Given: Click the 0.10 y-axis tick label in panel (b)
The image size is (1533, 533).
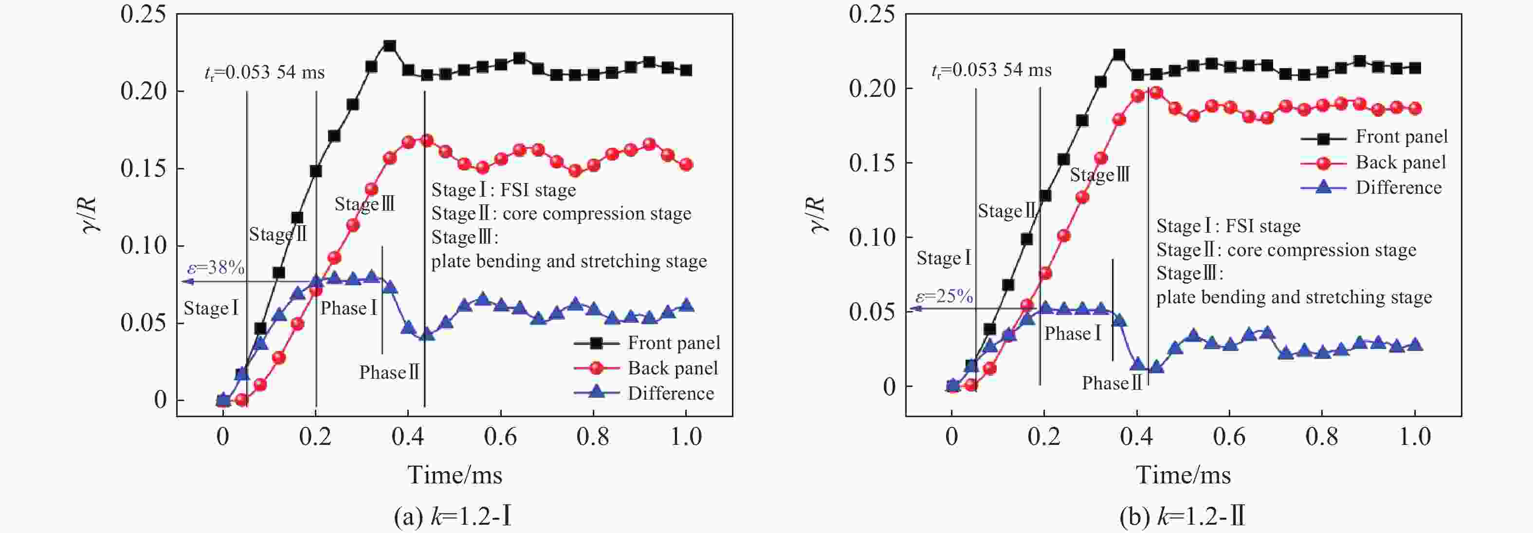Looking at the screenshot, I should coord(872,238).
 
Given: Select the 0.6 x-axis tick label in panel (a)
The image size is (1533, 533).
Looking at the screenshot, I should coord(500,437).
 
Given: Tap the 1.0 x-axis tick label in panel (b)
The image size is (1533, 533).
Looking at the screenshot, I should coord(1414,437).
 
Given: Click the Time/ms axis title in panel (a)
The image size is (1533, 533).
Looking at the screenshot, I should coord(455,475).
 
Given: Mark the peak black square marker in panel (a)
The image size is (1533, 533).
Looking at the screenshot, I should coord(390,46).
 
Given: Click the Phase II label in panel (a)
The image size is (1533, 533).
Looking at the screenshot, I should coord(389,373).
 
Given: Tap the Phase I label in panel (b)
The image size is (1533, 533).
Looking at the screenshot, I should coord(1073,333).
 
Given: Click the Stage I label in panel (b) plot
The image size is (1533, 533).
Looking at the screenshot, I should coord(944,258).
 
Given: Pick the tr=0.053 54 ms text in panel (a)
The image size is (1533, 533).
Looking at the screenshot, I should coord(264,73).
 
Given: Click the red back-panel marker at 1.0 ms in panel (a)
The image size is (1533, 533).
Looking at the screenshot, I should coord(686,165).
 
